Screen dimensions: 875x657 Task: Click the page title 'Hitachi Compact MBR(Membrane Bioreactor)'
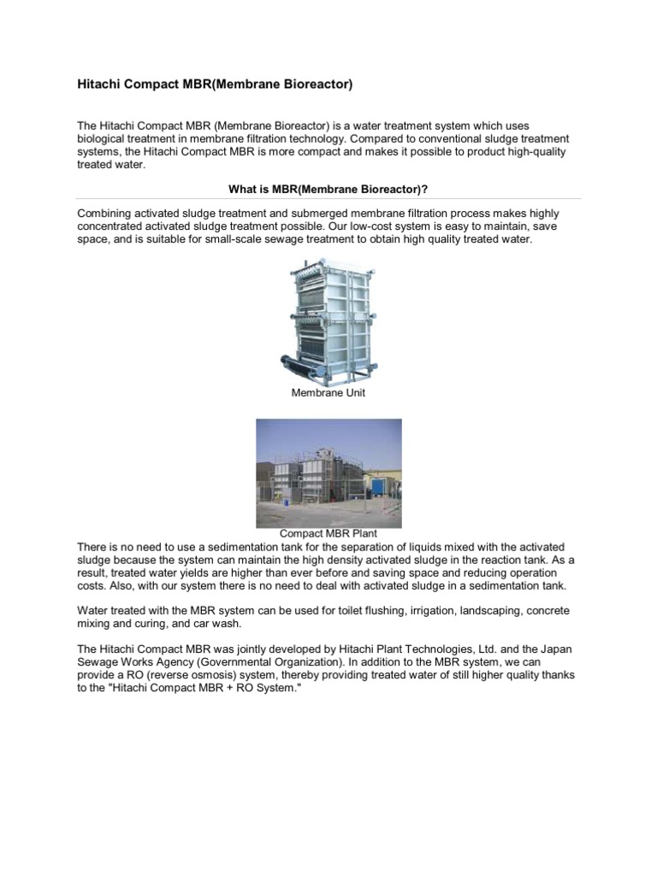pos(215,85)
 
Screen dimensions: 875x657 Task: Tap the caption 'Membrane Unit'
pos(328,392)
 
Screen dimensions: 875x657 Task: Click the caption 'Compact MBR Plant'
pos(328,534)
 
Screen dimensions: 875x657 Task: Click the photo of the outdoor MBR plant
pos(328,473)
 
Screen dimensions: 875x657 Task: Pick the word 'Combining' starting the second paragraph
pos(104,212)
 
